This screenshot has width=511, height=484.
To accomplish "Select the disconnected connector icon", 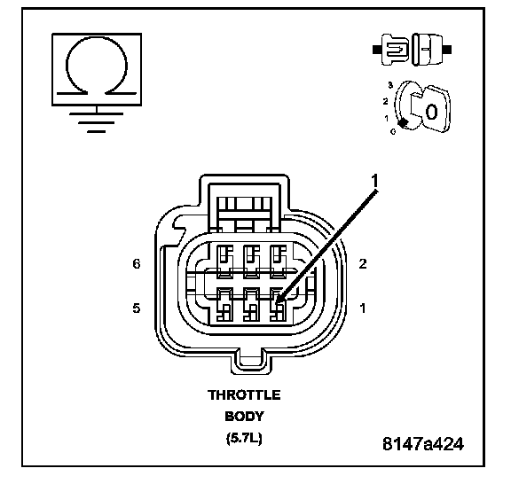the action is click(x=413, y=50).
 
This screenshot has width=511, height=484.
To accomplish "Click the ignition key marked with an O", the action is click(x=431, y=109).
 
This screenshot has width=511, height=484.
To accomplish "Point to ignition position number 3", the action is click(x=390, y=85).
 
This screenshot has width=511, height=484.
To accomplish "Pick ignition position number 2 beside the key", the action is click(x=386, y=101).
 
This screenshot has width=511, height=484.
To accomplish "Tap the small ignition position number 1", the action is click(x=387, y=118).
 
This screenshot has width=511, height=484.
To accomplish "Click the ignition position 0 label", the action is click(x=393, y=131).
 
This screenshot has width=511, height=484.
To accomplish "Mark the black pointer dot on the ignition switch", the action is click(x=404, y=123).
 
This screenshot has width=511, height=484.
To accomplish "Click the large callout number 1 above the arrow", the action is click(x=374, y=181).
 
